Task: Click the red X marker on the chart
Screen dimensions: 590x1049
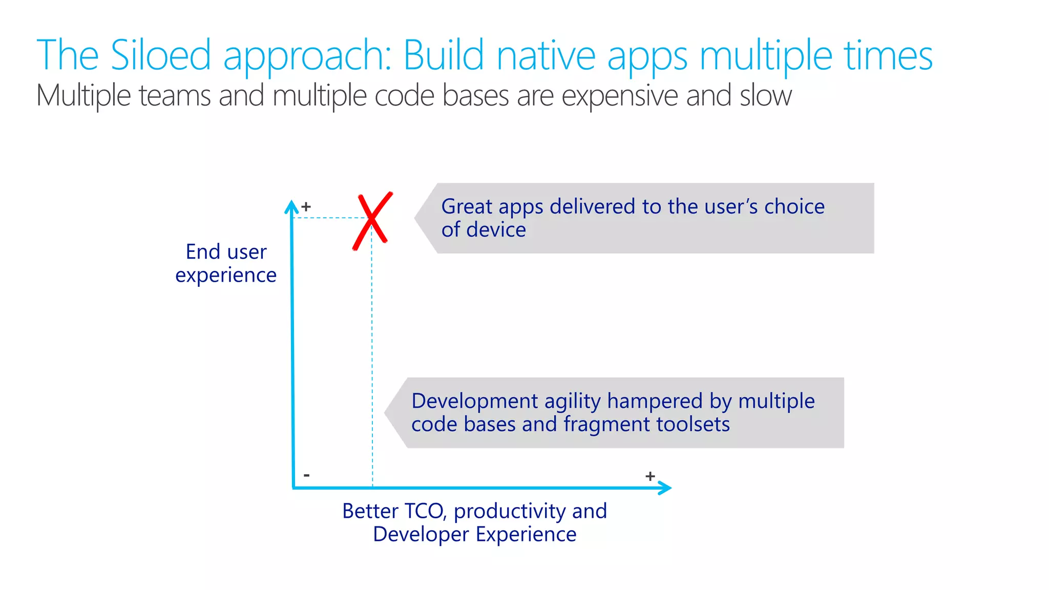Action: click(372, 221)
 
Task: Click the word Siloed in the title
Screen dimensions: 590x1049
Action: click(160, 55)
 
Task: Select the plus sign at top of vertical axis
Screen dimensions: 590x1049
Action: click(306, 207)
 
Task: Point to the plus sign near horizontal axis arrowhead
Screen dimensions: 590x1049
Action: click(650, 476)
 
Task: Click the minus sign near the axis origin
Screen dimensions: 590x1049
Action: click(306, 475)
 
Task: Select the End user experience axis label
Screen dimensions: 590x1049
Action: click(226, 263)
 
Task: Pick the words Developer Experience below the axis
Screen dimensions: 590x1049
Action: click(474, 534)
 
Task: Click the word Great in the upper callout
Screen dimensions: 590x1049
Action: click(467, 206)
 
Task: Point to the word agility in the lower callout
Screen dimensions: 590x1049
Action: click(572, 402)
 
